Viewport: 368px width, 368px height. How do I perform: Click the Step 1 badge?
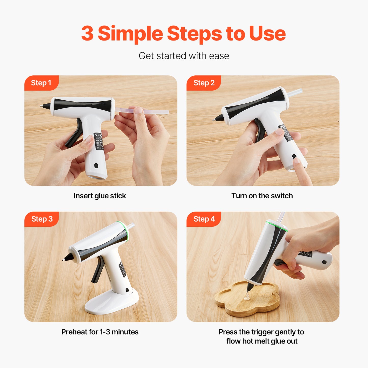tap(41, 83)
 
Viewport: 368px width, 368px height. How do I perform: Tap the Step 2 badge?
tap(204, 83)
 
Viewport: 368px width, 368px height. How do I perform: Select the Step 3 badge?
tap(42, 219)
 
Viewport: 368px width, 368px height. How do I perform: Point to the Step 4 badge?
tap(204, 219)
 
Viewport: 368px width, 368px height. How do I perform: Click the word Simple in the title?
tap(130, 33)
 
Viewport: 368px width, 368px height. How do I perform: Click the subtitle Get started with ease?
tap(184, 56)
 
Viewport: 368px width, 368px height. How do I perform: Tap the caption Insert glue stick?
tap(100, 196)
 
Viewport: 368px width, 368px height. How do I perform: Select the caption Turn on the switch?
tap(262, 196)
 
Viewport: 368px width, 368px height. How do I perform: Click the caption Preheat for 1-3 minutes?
tap(100, 332)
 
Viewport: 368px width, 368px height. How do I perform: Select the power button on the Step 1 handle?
tap(96, 166)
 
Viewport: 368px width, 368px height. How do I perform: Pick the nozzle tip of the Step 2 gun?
tap(214, 119)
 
